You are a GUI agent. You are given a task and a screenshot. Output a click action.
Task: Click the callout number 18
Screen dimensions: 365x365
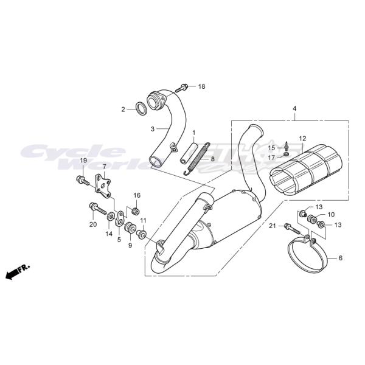pos(201,86)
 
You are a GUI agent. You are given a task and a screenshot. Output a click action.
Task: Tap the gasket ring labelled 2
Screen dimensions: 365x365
pos(141,109)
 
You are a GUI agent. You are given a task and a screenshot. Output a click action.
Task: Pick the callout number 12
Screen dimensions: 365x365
pos(302,139)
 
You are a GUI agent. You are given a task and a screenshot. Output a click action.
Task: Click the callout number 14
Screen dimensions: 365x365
pos(109,234)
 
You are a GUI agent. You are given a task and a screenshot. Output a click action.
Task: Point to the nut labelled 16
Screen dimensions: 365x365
pos(136,210)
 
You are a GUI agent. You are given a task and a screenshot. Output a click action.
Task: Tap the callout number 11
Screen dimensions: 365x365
pos(143,220)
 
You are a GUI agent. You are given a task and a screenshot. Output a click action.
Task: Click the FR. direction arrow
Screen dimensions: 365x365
pos(18,271)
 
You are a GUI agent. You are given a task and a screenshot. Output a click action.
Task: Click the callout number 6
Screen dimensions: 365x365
pos(340,258)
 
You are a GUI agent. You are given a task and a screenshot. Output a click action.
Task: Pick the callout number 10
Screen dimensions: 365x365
pos(331,215)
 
